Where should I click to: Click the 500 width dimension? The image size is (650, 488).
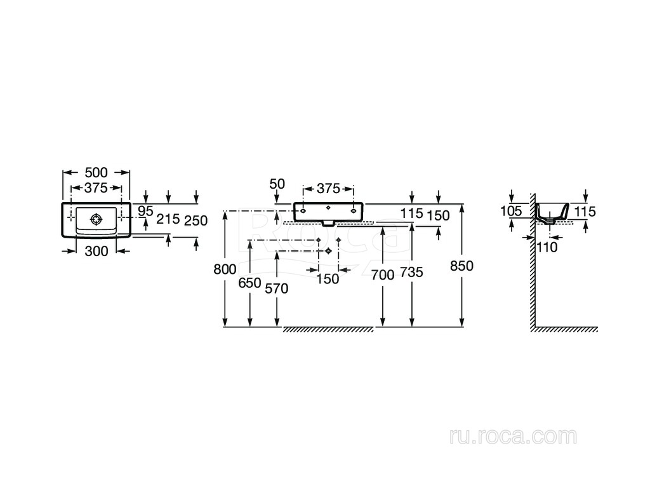tap(96, 172)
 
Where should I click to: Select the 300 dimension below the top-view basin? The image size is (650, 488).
tap(96, 251)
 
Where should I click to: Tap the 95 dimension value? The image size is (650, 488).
tap(146, 211)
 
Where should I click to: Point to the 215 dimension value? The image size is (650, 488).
tap(168, 219)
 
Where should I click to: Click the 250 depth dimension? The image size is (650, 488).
tap(196, 220)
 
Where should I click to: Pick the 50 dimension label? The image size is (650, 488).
tap(277, 184)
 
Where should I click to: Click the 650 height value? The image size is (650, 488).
tap(249, 283)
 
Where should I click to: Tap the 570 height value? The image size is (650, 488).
tap(277, 288)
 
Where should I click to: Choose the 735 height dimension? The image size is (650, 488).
tap(411, 273)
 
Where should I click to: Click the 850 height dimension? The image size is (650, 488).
tap(461, 266)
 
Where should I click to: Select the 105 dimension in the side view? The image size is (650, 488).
tap(511, 211)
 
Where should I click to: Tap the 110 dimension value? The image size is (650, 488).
tap(546, 247)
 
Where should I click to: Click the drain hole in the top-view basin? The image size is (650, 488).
tap(96, 219)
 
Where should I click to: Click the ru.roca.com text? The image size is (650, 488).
tap(512, 436)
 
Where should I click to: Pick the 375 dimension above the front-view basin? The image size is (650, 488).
tap(328, 189)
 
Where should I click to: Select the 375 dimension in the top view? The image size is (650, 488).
tap(96, 187)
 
